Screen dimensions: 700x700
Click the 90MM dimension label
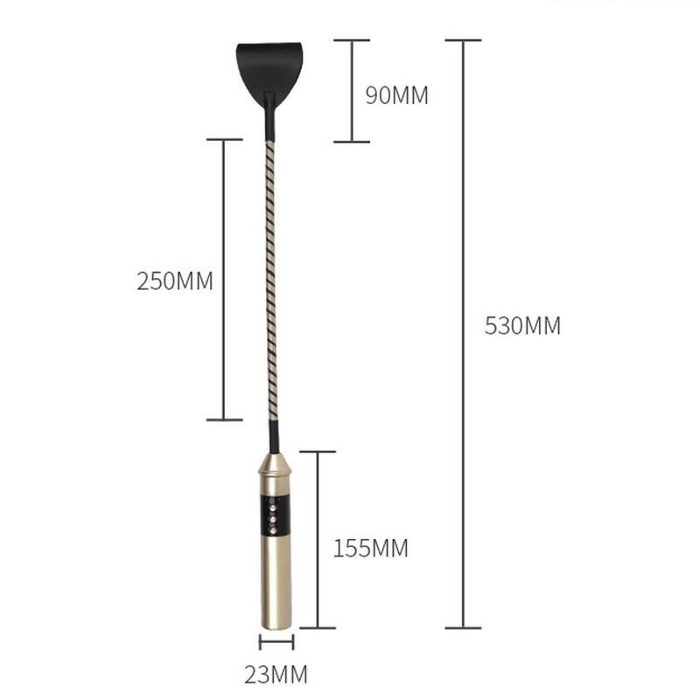396,95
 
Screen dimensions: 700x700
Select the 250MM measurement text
174,281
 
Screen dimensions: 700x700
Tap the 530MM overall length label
522,325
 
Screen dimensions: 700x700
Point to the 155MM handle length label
370,549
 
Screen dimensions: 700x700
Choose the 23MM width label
276,674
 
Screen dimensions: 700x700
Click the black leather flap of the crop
269,72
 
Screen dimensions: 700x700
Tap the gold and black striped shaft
270,281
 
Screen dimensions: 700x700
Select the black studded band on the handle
275,514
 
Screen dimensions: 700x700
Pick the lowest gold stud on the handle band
271,530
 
